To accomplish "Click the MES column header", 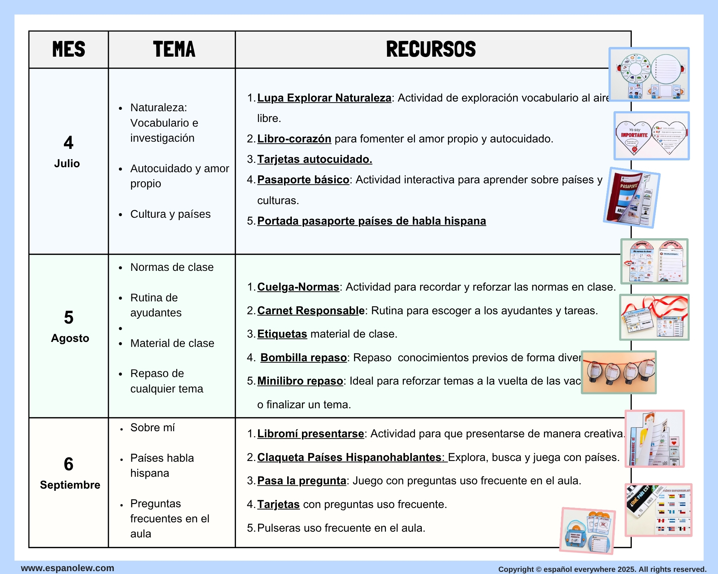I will point(69,49).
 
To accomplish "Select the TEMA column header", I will point(174,49).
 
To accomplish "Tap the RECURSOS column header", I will point(431,49).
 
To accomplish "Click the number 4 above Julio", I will point(68,143).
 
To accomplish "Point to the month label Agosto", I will point(70,338).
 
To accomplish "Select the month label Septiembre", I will point(70,485).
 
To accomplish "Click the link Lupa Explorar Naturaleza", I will point(324,98).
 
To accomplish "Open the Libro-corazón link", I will point(294,139).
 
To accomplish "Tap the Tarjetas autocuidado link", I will point(314,159).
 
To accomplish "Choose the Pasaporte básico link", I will point(303,180).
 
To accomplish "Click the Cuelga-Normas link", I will point(298,287).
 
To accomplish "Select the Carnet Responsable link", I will point(311,311).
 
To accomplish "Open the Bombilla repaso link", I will point(303,358).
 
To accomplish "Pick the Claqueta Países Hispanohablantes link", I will point(352,457).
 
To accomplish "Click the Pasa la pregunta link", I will point(302,481).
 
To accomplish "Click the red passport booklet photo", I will point(631,198).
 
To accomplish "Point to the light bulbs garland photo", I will point(619,372).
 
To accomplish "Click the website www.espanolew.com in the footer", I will point(67,568).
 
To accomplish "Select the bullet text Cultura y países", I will point(170,214).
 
